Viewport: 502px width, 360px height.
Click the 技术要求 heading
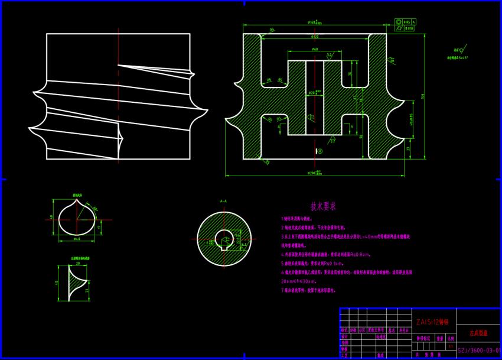click(x=323, y=206)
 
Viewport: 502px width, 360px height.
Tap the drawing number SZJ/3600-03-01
click(x=479, y=350)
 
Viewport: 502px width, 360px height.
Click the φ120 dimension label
click(x=314, y=37)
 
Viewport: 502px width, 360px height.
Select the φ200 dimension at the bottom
click(x=315, y=173)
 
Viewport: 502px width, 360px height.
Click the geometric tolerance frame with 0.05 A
click(x=406, y=21)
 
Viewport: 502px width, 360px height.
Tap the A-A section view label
click(x=223, y=201)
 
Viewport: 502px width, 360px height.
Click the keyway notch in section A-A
click(x=225, y=240)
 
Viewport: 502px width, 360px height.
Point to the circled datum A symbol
click(x=320, y=151)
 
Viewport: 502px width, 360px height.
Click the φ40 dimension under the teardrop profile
click(x=77, y=239)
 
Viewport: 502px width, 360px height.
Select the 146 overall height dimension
click(x=423, y=96)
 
